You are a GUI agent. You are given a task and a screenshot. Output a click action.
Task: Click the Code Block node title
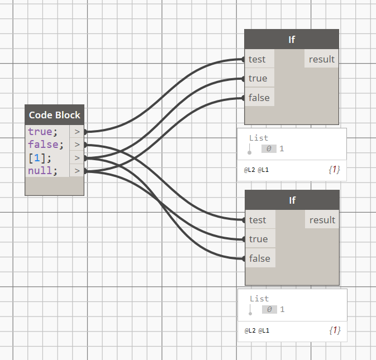point(54,115)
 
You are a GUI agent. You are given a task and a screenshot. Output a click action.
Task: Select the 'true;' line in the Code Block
point(43,132)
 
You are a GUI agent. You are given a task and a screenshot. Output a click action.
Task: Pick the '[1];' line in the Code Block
point(40,158)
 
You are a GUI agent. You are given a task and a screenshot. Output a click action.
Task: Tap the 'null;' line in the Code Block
point(43,171)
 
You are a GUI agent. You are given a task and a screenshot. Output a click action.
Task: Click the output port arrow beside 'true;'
point(77,132)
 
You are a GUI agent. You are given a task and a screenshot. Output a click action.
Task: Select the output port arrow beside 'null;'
point(77,171)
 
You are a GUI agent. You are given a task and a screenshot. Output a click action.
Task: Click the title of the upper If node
point(292,40)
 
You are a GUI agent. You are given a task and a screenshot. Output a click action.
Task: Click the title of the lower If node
point(292,200)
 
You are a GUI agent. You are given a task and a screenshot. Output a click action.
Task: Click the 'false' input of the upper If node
point(259,98)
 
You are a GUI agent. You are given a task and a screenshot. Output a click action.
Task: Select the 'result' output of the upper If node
point(322,59)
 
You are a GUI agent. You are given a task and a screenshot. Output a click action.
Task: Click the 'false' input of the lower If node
point(259,258)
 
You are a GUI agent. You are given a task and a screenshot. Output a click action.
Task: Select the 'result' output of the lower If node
point(322,220)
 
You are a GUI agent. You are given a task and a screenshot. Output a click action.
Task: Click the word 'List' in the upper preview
point(259,138)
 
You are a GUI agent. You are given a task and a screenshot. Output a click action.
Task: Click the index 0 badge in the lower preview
point(269,309)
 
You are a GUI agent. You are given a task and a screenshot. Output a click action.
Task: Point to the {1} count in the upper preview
point(334,169)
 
